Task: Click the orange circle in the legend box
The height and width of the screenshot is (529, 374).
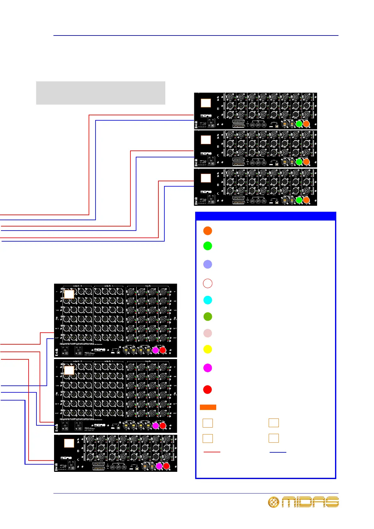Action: pyautogui.click(x=207, y=231)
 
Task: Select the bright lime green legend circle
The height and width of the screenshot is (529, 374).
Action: pyautogui.click(x=207, y=246)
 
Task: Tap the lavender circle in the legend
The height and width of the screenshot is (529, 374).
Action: pyautogui.click(x=207, y=264)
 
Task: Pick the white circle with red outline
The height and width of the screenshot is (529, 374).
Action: pyautogui.click(x=207, y=283)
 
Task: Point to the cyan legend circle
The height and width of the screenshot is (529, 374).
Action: pyautogui.click(x=207, y=300)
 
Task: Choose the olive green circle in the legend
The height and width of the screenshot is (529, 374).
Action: pyautogui.click(x=207, y=317)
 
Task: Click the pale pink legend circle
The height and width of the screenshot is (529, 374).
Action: pyautogui.click(x=207, y=333)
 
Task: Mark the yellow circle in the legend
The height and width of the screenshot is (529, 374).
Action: pyautogui.click(x=207, y=349)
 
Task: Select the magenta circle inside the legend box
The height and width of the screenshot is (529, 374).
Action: pyautogui.click(x=207, y=368)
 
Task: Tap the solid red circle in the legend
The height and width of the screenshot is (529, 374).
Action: pyautogui.click(x=207, y=390)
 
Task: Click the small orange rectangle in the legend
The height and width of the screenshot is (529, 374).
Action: pyautogui.click(x=208, y=407)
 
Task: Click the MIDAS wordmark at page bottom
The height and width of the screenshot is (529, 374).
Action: pyautogui.click(x=310, y=502)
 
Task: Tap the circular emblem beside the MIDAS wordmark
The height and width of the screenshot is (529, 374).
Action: pyautogui.click(x=273, y=502)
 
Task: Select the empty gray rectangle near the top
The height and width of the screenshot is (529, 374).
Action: pyautogui.click(x=101, y=93)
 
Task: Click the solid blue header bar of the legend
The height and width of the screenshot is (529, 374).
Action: pyautogui.click(x=266, y=216)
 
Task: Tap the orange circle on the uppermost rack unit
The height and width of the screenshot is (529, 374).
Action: pyautogui.click(x=306, y=124)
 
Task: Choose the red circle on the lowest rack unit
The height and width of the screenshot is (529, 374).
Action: pyautogui.click(x=166, y=466)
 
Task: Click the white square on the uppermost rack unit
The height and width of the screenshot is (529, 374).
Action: pyautogui.click(x=206, y=103)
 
